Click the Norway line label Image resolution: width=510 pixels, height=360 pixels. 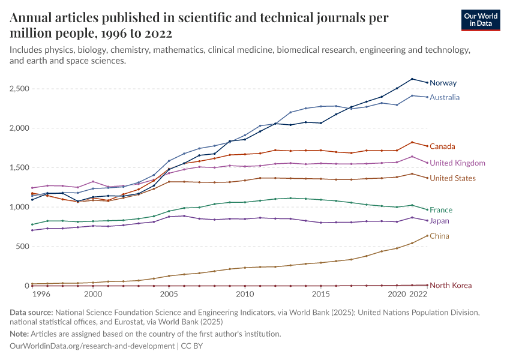coord(443,83)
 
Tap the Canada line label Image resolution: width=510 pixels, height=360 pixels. coord(442,146)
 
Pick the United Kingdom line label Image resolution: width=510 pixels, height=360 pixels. coord(458,163)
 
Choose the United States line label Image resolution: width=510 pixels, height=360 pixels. coord(453,178)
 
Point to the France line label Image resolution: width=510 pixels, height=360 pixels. coord(441,210)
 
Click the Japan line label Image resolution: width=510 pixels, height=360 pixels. coord(440,221)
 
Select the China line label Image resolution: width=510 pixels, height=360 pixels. coord(439,236)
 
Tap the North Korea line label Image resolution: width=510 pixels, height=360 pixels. coord(451,286)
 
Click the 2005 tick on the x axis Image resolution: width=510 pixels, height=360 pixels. coord(169,295)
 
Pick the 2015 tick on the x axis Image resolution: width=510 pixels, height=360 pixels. coord(320,295)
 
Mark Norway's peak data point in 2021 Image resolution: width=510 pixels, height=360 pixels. coord(412,79)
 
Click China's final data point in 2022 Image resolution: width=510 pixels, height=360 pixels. coord(427,236)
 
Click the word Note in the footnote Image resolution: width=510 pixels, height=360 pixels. coord(19,334)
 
